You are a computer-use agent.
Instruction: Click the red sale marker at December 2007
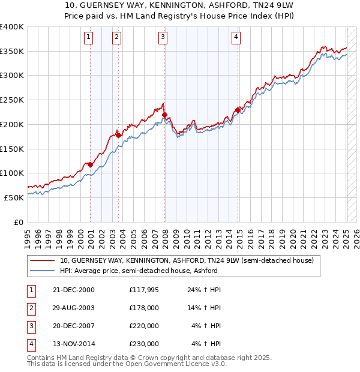(165, 114)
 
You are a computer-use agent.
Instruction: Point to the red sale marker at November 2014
(238, 109)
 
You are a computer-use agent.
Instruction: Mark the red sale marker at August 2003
(119, 135)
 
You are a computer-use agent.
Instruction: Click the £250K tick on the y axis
(12, 100)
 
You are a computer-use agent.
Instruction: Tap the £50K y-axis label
(14, 197)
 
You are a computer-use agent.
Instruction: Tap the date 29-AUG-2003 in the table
(74, 308)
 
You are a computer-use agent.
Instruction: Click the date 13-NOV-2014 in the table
(74, 344)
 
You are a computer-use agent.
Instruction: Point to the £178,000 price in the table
(144, 308)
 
